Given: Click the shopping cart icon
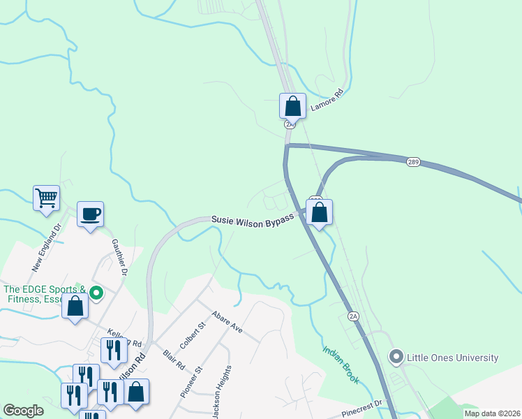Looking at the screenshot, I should point(46,198).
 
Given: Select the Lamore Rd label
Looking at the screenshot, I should point(328,101).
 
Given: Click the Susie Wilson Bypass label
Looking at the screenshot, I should point(258,219).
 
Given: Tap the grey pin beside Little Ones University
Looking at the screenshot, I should point(396,358).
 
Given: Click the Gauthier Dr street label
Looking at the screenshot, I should point(119,257).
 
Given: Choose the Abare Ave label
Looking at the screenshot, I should point(227,321).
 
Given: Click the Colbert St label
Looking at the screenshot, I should point(193,335).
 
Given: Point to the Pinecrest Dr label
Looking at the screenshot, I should point(363,409).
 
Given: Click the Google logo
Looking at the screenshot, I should point(24,411).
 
